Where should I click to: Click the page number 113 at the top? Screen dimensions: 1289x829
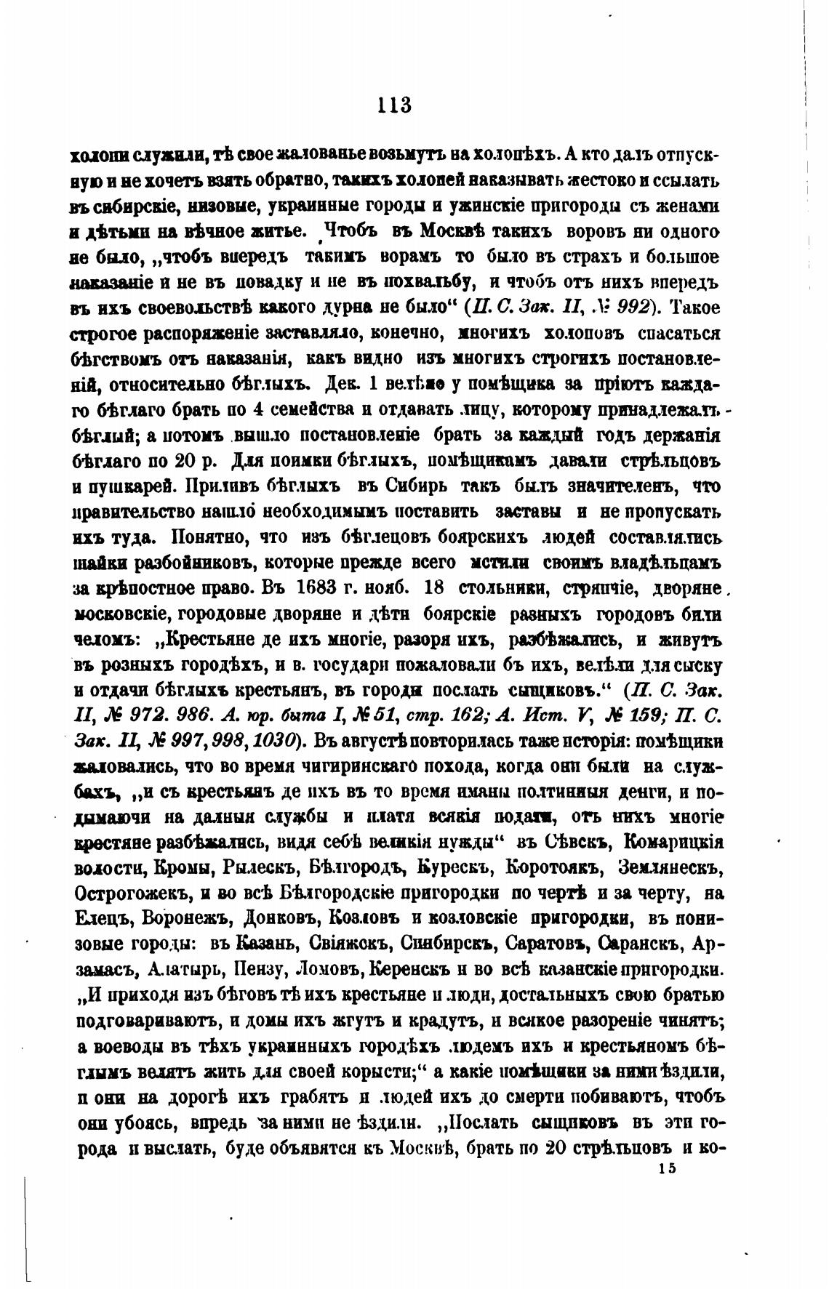(394, 105)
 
